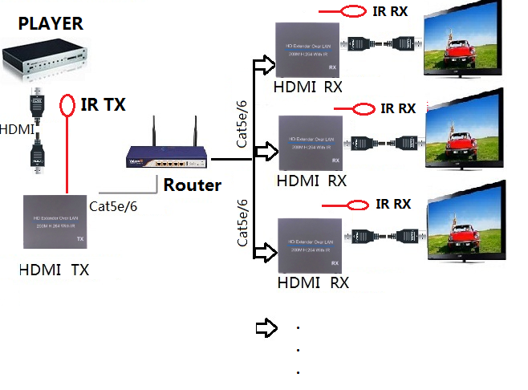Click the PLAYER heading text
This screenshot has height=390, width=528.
coord(50,22)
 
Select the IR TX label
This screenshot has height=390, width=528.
coord(104,104)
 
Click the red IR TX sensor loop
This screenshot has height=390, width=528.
coord(68,105)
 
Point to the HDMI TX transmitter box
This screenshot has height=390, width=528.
coord(55,221)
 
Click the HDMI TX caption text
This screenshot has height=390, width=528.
coord(54,270)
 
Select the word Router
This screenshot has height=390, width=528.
coord(192,185)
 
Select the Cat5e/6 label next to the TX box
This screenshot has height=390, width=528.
coord(113,206)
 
